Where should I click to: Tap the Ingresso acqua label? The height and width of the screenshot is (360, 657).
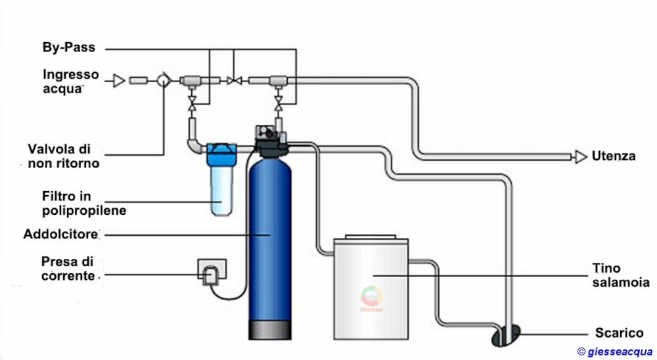[x=70, y=81]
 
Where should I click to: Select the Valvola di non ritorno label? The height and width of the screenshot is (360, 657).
[x=64, y=156]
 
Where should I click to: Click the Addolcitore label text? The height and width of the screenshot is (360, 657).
[x=61, y=234]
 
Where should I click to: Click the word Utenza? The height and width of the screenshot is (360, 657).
[x=613, y=156]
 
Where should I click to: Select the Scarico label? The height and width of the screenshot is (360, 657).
[x=618, y=332]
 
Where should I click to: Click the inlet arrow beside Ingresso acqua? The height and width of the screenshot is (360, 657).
[x=118, y=81]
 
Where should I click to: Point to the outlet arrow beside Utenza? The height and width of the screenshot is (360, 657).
[x=579, y=156]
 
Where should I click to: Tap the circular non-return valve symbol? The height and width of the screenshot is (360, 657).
[x=162, y=81]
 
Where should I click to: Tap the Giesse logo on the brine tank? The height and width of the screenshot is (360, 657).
[x=371, y=300]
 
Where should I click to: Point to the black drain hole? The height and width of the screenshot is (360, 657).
[x=506, y=334]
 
